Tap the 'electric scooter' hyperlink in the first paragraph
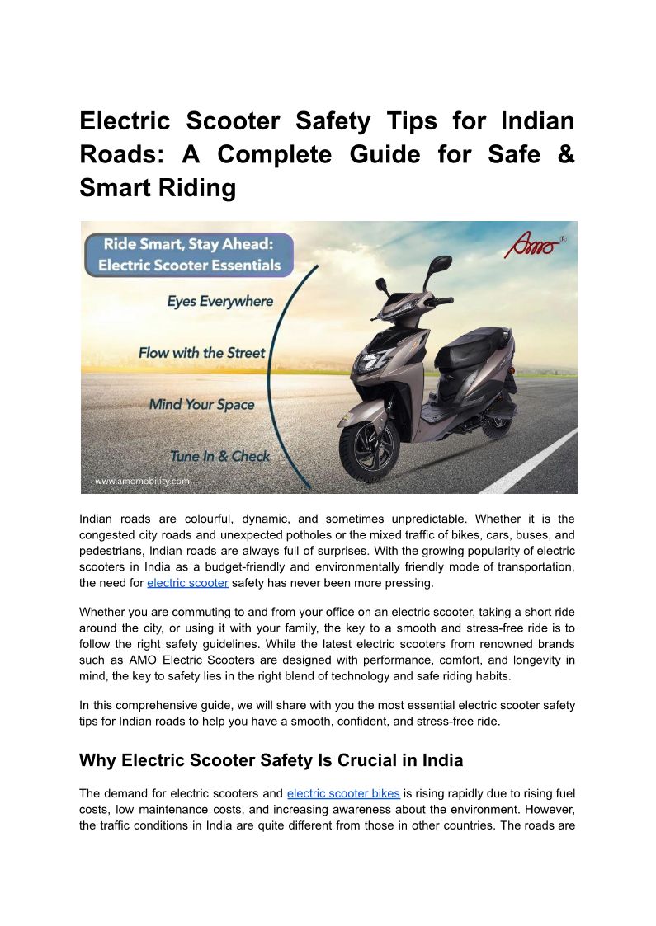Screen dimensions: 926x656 pos(187,584)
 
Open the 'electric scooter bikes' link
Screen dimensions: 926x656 pos(343,793)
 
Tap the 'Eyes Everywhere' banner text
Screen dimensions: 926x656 pos(219,302)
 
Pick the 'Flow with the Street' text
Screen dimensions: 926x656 pos(201,353)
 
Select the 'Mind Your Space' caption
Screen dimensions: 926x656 pos(201,405)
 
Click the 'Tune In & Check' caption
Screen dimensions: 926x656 pos(219,456)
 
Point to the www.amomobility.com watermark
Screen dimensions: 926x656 pos(142,481)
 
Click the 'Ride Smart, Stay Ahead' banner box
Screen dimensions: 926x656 pos(190,255)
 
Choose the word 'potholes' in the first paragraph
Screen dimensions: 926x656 pos(360,534)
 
